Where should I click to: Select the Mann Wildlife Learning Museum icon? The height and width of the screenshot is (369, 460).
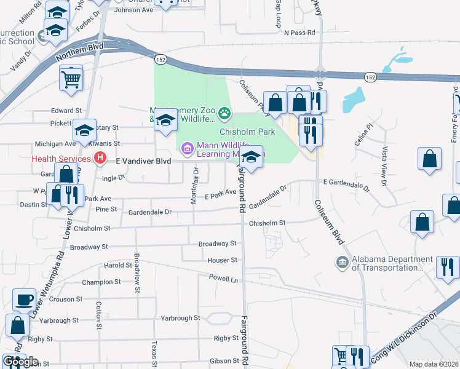click(186, 147)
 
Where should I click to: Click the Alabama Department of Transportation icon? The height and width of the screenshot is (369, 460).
click(342, 263)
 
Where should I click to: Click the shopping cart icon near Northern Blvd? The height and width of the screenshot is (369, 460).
click(71, 78)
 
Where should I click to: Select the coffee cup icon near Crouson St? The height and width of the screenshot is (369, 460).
click(25, 300)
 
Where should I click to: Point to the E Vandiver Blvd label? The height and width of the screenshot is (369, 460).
click(143, 161)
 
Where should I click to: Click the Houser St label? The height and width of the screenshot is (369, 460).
click(222, 260)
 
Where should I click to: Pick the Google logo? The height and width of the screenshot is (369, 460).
click(20, 362)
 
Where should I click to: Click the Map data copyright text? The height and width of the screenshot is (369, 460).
click(433, 364)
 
